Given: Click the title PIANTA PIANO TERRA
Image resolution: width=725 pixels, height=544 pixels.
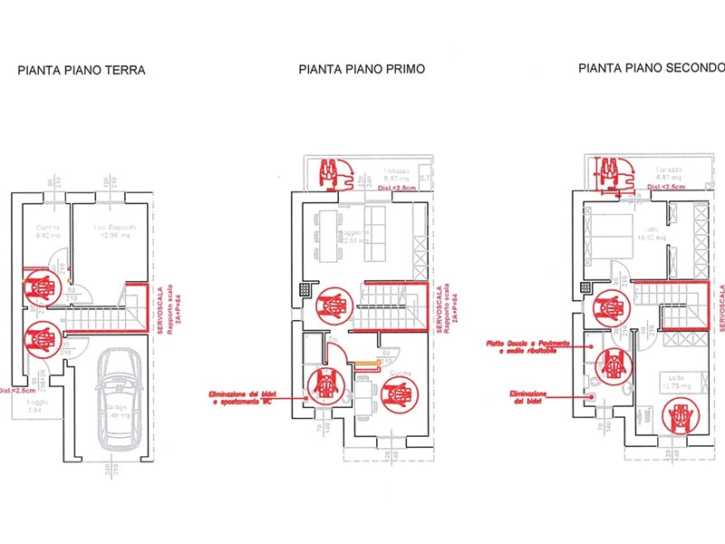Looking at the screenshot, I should tap(82, 69).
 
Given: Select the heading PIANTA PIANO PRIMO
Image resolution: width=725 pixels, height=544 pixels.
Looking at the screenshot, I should tap(362, 69).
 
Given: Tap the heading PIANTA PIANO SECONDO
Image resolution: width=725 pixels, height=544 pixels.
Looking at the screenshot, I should tap(652, 67).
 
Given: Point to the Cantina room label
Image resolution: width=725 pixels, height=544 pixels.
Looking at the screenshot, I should tap(46, 227).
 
